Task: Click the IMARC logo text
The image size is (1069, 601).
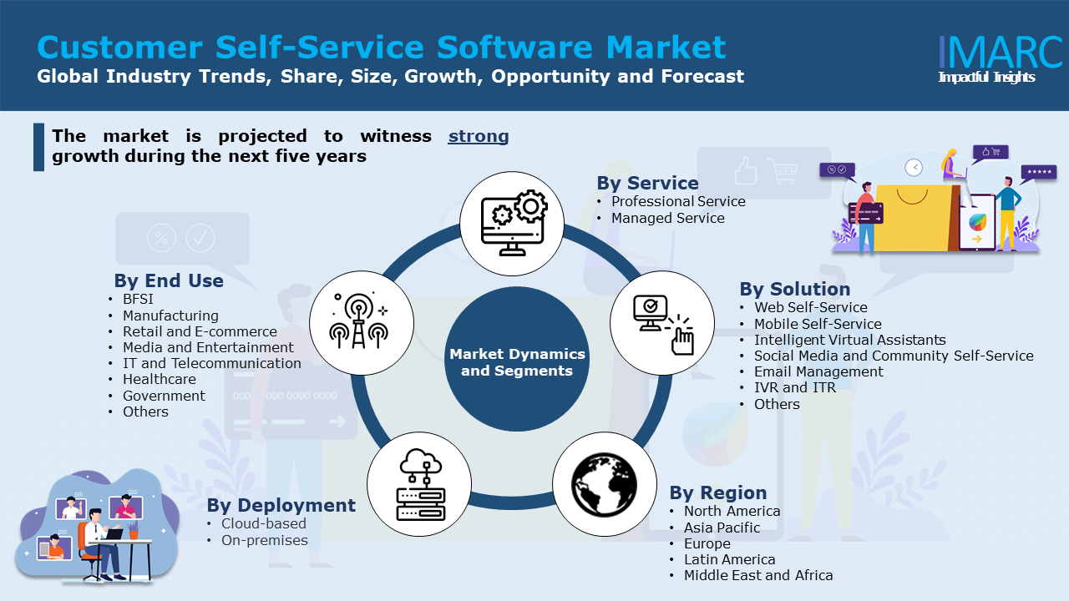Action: click(1000, 52)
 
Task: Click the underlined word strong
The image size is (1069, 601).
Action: click(479, 136)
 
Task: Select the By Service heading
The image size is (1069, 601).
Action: click(647, 183)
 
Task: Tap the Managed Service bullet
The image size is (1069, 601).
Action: click(667, 218)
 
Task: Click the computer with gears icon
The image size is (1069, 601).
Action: click(512, 223)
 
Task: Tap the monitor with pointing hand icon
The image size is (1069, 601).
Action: click(662, 323)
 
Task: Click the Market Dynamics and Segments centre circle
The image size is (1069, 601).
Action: click(517, 362)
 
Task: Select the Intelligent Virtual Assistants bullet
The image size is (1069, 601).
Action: click(849, 340)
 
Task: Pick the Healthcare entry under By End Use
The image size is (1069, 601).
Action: click(159, 379)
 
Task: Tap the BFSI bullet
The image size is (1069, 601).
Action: click(138, 299)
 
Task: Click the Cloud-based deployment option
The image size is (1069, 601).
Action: click(263, 523)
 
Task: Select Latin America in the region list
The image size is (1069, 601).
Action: click(729, 559)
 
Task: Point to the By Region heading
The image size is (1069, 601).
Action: click(717, 492)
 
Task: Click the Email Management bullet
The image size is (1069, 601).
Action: click(818, 371)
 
